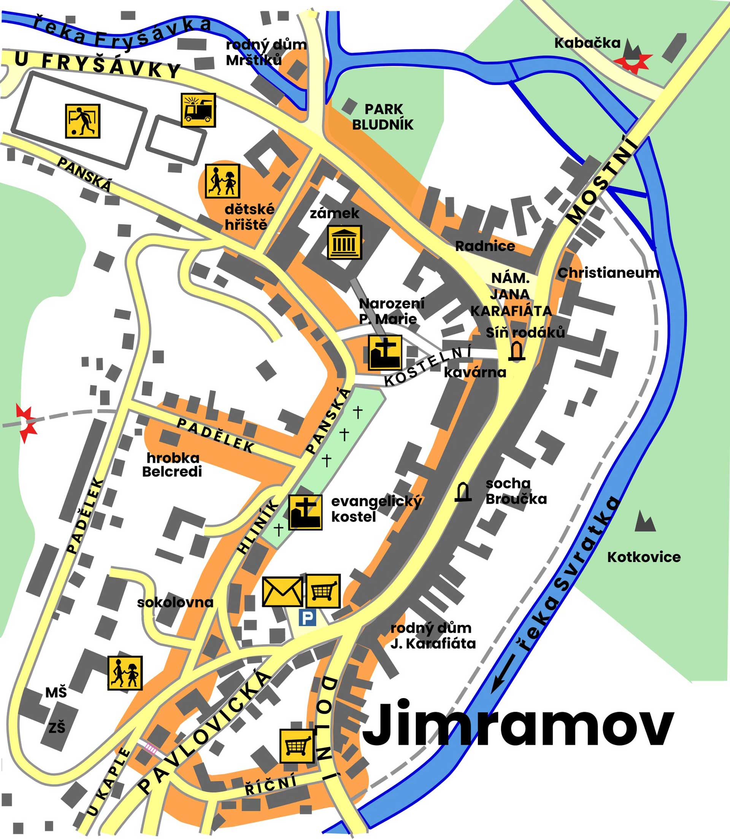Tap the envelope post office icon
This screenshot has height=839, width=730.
coord(282,592)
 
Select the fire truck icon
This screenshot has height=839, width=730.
coord(198,110)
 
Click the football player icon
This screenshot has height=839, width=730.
coord(83,121)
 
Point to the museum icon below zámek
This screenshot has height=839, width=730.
coord(344,242)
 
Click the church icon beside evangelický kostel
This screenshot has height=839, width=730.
coord(305,512)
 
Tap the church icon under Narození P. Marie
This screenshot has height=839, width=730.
coord(384,353)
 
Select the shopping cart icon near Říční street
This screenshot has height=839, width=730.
coord(297,746)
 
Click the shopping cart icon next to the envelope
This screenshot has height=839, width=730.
coord(323,591)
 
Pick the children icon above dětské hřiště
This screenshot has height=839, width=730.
coord(222,181)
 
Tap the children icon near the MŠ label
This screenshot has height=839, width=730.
coord(125,673)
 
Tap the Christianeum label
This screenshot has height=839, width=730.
coord(608,273)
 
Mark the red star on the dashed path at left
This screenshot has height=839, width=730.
coord(26,423)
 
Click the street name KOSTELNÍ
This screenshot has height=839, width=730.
coord(428,365)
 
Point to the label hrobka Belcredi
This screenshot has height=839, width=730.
coord(172,465)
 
